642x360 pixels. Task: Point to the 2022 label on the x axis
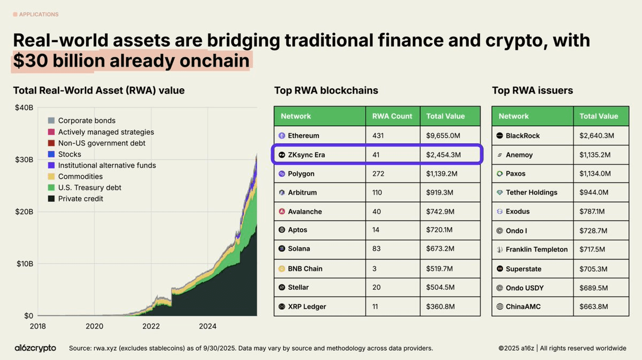coord(151,326)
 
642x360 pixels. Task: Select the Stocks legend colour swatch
coord(51,154)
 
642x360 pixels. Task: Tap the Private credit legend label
coord(80,199)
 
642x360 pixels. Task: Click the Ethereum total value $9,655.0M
coord(444,136)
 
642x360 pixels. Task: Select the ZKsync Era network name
coord(306,155)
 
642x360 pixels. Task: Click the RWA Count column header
coord(392,116)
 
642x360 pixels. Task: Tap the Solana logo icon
coord(282,249)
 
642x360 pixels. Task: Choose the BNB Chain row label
coord(305,269)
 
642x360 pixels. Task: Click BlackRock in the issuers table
coord(522,136)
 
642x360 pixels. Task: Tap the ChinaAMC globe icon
coord(500,307)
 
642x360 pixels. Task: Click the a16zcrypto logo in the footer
coord(35,348)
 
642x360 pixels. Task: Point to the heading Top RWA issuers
coord(532,90)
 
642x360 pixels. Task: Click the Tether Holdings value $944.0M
coord(595,193)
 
